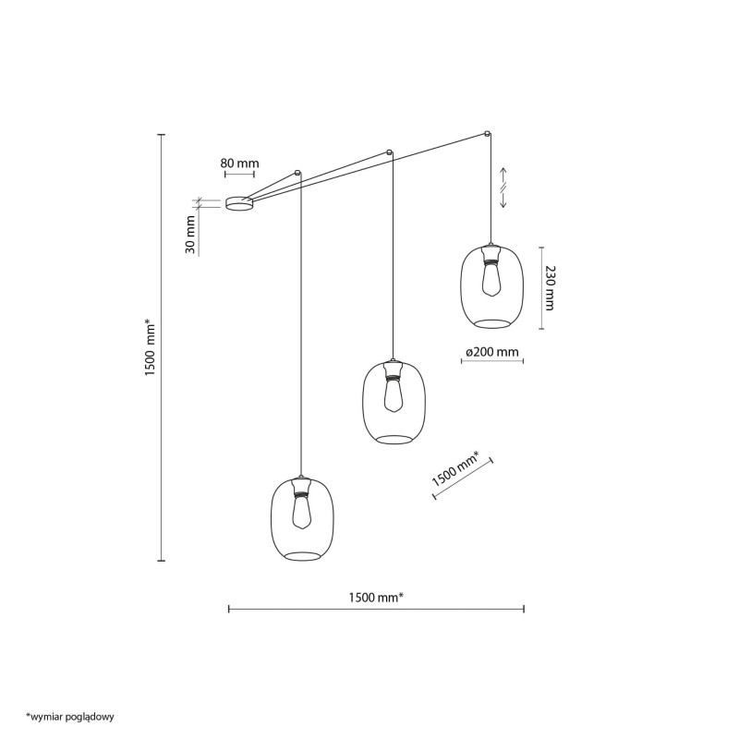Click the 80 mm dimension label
tap(239, 164)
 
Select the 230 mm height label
tap(549, 288)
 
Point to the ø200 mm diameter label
tap(491, 352)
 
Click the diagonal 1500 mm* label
tap(455, 469)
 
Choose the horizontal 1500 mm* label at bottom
tap(376, 598)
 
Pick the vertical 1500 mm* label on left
tap(150, 347)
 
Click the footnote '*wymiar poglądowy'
tap(70, 718)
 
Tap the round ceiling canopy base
tap(239, 203)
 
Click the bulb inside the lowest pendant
tap(302, 514)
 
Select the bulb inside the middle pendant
tap(393, 396)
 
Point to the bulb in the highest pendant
tap(491, 281)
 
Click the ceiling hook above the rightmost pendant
tap(488, 134)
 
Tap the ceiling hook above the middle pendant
tap(389, 152)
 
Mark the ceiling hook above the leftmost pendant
tap(297, 173)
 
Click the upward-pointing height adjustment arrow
tap(503, 176)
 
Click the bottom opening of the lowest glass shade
tap(302, 556)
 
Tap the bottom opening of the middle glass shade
tap(394, 440)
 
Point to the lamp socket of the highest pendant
tap(491, 255)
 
